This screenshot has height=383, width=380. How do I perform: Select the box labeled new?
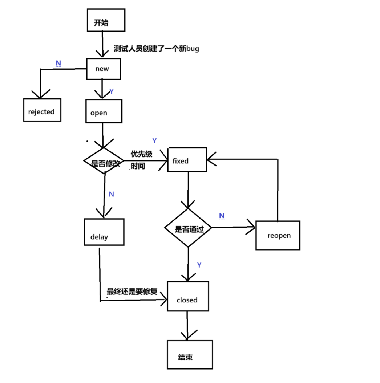pyautogui.click(x=103, y=69)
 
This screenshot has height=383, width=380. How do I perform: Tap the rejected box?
pyautogui.click(x=42, y=110)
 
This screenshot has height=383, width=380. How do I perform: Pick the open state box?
pyautogui.click(x=104, y=112)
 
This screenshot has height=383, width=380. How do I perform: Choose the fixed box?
pyautogui.click(x=187, y=160)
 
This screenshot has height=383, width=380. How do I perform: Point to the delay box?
pyautogui.click(x=104, y=232)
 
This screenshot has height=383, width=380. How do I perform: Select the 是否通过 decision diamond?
pyautogui.click(x=188, y=228)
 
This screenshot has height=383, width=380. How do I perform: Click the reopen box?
pyautogui.click(x=278, y=236)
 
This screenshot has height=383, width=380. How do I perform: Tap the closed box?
pyautogui.click(x=188, y=296)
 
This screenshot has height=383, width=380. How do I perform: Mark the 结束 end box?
pyautogui.click(x=190, y=355)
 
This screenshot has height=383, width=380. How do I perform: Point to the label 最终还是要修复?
pyautogui.click(x=132, y=292)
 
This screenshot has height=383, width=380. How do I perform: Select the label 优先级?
pyautogui.click(x=141, y=154)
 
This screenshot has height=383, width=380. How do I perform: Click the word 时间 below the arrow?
pyautogui.click(x=138, y=166)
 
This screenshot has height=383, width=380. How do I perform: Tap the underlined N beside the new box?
pyautogui.click(x=58, y=64)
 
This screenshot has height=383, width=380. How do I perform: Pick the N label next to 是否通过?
pyautogui.click(x=222, y=216)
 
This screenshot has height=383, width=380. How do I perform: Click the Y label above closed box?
pyautogui.click(x=199, y=265)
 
